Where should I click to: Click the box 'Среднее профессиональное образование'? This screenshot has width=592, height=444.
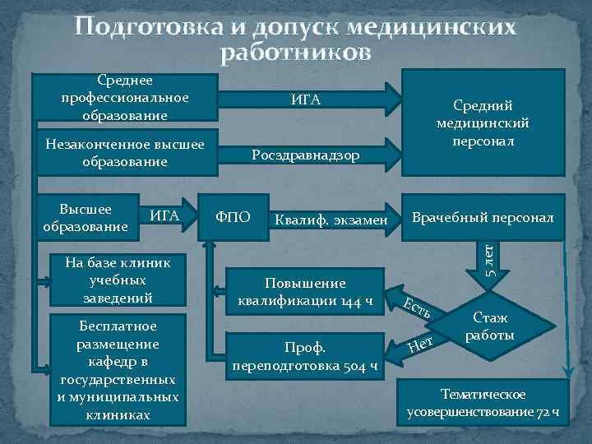coord(125,98)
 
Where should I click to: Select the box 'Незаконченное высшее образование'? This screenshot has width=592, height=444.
coord(125,152)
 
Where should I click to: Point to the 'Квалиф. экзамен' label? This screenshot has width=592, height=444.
coord(331,220)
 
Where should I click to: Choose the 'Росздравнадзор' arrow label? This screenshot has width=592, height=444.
coord(305,155)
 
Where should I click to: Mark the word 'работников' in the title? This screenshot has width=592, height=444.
coord(295,53)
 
